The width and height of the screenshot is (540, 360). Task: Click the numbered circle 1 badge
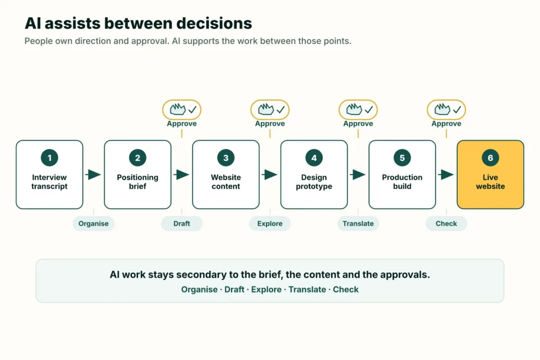coord(49,158)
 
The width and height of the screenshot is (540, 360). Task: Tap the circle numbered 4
coord(314,158)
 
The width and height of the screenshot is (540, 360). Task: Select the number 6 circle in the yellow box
coord(490,158)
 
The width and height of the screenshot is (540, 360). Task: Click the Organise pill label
coord(93,223)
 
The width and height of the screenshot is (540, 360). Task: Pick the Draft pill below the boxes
coord(181,223)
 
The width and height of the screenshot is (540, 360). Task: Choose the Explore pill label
coord(269,223)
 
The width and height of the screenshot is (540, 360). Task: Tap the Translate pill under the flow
coord(358,223)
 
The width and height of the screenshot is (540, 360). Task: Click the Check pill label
coord(446,223)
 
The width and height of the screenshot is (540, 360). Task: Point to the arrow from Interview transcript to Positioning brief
coord(93,174)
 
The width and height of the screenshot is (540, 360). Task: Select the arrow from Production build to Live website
coord(446,174)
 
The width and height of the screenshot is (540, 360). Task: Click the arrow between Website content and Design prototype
coord(269,174)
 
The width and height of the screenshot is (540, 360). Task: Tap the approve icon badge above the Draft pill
coord(181,110)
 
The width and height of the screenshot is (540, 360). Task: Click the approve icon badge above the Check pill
coord(446,110)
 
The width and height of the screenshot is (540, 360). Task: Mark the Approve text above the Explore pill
coord(269,123)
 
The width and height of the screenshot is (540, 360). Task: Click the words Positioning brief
coord(138,182)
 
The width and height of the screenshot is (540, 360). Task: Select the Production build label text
coord(402,182)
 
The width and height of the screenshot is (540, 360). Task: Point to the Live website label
coord(490,182)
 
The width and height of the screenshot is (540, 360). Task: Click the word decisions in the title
coord(214,23)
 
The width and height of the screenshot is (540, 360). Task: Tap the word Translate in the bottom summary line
coord(307,289)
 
